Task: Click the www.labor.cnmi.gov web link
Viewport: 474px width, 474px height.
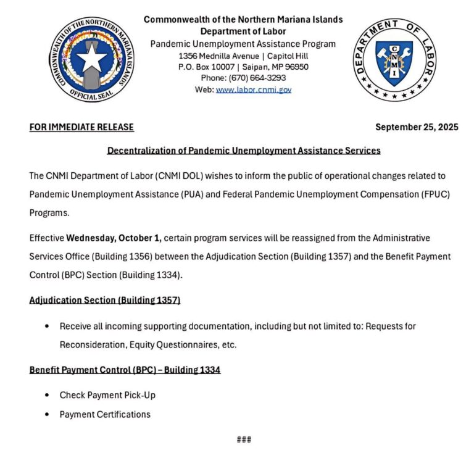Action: tap(253, 89)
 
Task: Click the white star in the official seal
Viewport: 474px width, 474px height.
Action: tap(91, 60)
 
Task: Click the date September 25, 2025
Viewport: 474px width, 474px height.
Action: tap(417, 127)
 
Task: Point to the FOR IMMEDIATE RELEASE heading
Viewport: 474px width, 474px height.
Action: tap(81, 127)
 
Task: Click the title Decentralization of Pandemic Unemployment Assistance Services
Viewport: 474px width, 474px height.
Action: tap(244, 150)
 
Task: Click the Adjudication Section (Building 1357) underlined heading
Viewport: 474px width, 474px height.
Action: tap(104, 300)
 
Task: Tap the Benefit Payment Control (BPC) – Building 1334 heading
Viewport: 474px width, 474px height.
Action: tap(125, 370)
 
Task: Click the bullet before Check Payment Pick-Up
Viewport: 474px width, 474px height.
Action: tap(48, 395)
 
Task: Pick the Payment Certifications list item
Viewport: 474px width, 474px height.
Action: tap(105, 414)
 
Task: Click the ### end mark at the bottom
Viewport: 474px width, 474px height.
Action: tap(244, 439)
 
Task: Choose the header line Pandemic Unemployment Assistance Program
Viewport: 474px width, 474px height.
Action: tap(243, 44)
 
